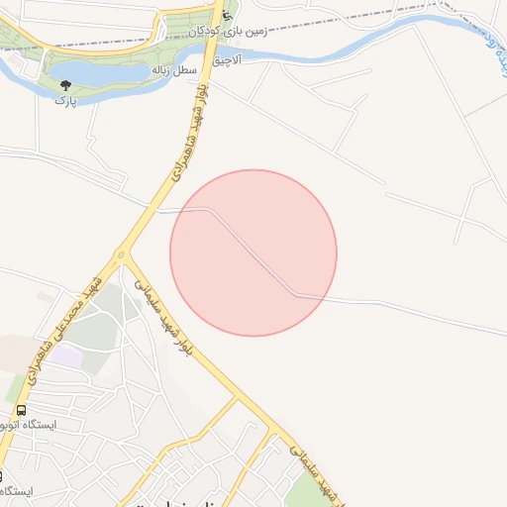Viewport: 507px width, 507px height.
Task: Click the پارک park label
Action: click(x=64, y=101)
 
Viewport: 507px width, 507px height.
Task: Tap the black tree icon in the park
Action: click(x=65, y=86)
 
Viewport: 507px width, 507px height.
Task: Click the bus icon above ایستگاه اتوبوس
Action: click(x=21, y=410)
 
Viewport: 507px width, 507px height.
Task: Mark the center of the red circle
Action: click(x=253, y=253)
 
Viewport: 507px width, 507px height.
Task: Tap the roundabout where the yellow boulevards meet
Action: click(x=122, y=256)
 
